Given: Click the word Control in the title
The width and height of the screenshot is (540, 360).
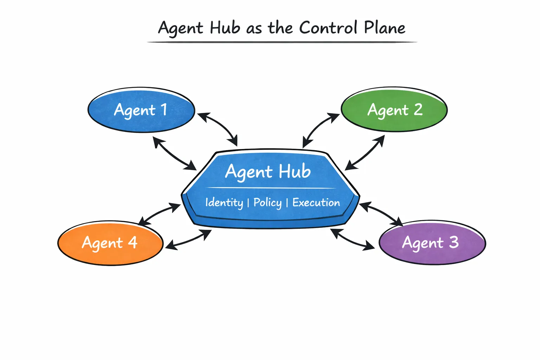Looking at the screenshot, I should coord(328,28).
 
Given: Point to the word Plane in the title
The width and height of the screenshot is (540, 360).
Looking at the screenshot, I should coord(385,28).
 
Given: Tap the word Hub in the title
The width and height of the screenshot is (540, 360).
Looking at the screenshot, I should coord(225,28).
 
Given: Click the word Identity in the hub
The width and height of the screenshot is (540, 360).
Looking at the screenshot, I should coord(224,202).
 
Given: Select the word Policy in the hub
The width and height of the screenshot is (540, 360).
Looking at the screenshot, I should coord(268,202).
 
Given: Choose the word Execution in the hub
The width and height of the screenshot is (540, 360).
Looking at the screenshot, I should coord(316,202).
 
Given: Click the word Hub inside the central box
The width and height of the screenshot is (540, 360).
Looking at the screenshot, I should coord(295,172).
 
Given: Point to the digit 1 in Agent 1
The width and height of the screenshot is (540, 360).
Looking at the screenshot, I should coord(164,110).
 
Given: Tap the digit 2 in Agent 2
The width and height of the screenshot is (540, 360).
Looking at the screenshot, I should coord(418,110).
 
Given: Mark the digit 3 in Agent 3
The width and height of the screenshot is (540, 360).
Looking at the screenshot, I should coord(454,242).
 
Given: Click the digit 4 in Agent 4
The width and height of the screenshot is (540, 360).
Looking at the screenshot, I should coord(133,243).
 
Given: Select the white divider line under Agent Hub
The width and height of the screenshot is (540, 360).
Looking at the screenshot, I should coord(271,188).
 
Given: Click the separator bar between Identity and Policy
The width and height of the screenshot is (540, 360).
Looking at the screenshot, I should coord(248,202).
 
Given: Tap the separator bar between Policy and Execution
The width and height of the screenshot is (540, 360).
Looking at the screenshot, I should coord(287,202).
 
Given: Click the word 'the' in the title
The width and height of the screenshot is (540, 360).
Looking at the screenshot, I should coord(280,28).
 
